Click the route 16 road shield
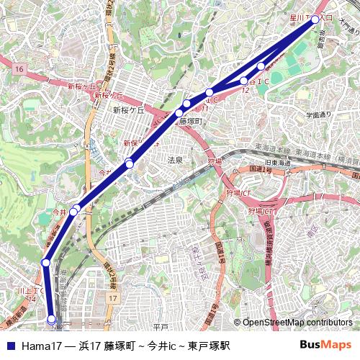19,68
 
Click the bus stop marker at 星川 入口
315,19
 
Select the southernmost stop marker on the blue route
51,318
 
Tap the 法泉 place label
175,160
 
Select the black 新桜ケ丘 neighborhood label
128,111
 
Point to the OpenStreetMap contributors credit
297,323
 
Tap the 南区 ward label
311,232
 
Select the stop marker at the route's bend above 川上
46,263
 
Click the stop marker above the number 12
244,81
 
